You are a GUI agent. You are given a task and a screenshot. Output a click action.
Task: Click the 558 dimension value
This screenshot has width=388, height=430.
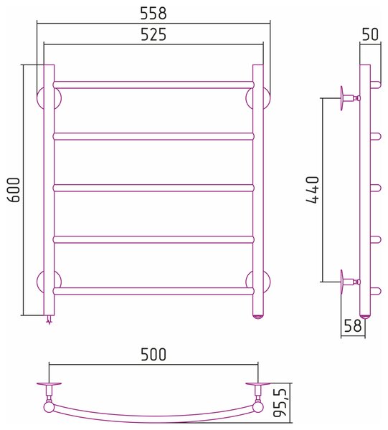(x=153, y=13)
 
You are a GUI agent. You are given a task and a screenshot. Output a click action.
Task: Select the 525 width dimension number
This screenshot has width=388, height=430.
(x=153, y=34)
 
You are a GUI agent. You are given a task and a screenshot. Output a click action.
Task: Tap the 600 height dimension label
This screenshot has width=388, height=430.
(x=14, y=190)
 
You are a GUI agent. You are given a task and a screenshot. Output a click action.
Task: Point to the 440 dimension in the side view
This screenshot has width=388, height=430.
(x=313, y=190)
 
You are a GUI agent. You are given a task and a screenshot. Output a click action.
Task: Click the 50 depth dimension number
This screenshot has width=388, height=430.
(x=370, y=34)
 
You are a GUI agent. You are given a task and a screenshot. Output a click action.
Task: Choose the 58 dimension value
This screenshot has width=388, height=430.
(x=352, y=326)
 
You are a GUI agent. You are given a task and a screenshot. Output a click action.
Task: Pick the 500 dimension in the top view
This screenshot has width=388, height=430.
(x=153, y=354)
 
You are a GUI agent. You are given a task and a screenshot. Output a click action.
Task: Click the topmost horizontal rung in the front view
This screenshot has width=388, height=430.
(x=153, y=85)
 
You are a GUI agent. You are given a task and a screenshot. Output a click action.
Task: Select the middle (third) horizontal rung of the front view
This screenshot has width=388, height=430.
(x=153, y=188)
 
